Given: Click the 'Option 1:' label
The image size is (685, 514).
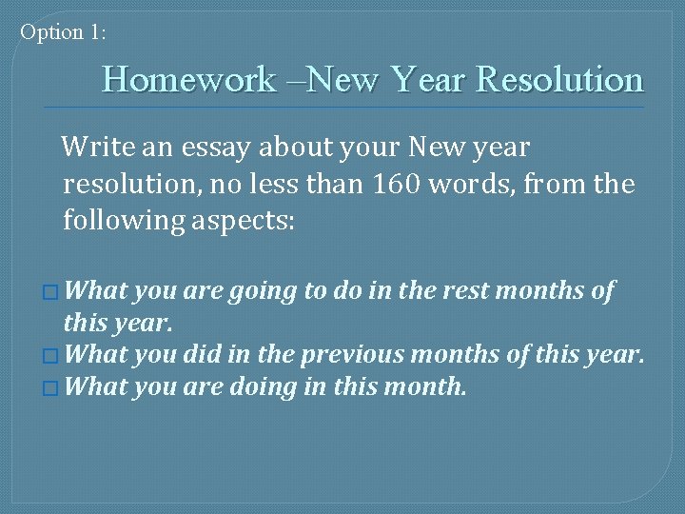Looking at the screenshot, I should coord(64,32).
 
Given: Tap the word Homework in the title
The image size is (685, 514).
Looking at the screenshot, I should coord(188,79).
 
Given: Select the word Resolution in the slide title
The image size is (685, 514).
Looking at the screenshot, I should coord(559,79).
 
